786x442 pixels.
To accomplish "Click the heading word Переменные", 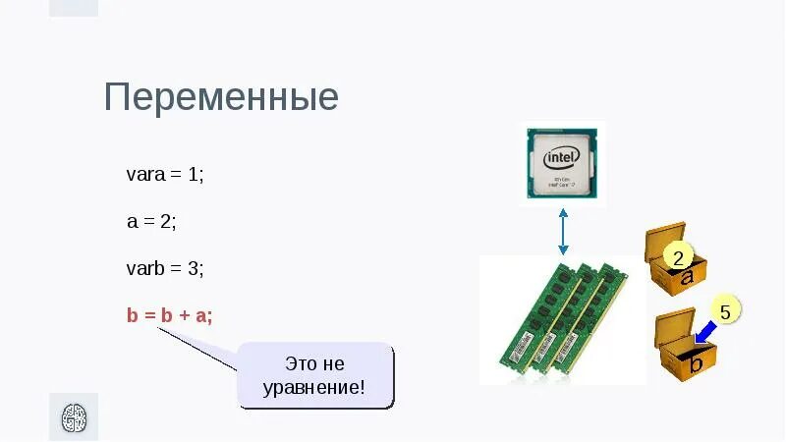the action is coord(221,98).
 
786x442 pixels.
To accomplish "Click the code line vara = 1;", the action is coord(164,175).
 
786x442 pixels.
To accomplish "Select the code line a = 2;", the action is coord(151,221).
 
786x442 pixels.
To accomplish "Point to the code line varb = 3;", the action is coord(165,267).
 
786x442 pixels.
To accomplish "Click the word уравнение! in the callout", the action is coord(314,387).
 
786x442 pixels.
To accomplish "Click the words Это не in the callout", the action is coord(314,363).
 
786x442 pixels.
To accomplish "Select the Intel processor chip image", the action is coord(562,162).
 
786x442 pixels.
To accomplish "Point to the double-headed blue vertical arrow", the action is coord(563,231).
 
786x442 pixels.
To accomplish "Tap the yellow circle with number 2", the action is coord(678,257).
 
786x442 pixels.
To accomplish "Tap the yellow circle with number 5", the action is coord(725,313).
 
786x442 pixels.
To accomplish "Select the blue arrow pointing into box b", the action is coord(703,332).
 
